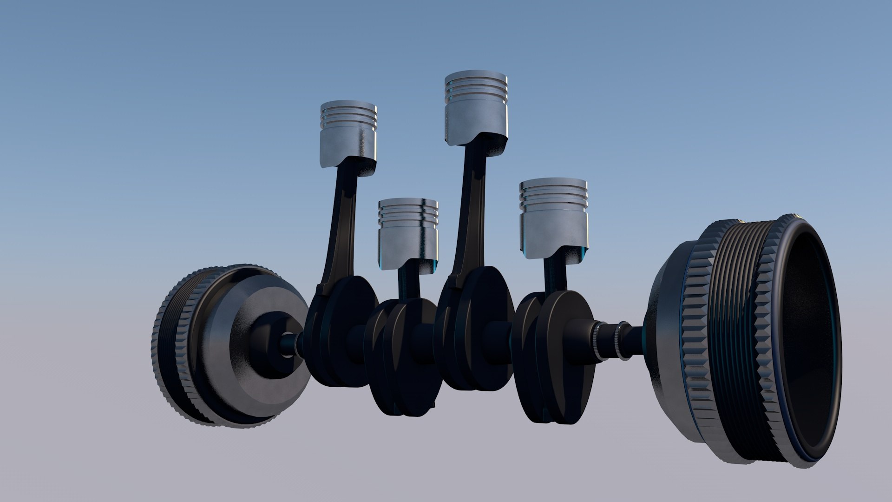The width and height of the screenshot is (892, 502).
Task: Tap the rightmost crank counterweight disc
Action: pyautogui.click(x=564, y=358)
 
